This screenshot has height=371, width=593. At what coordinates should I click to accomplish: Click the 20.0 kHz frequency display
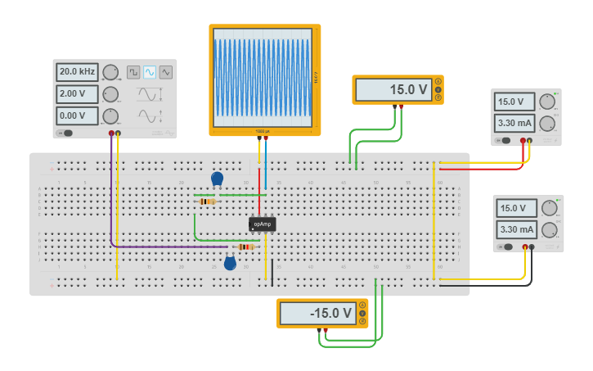coord(77,72)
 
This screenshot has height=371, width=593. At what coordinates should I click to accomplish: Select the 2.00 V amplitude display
coord(77,94)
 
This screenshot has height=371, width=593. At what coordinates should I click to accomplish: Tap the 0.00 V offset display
coord(77,115)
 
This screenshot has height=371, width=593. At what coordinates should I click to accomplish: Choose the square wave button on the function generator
coord(133,72)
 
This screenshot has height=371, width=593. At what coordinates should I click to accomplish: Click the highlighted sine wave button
coord(150,72)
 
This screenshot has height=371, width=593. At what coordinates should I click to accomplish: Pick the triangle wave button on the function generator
coord(166,72)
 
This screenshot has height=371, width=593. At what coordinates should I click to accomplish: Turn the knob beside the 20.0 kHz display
coord(110,73)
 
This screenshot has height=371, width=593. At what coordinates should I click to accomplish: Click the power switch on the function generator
coord(65,133)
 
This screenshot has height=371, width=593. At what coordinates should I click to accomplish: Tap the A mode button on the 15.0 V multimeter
coord(438,80)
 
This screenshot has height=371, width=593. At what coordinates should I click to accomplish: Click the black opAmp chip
coord(263,224)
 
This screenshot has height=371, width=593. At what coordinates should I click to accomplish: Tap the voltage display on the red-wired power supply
coord(514,102)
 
